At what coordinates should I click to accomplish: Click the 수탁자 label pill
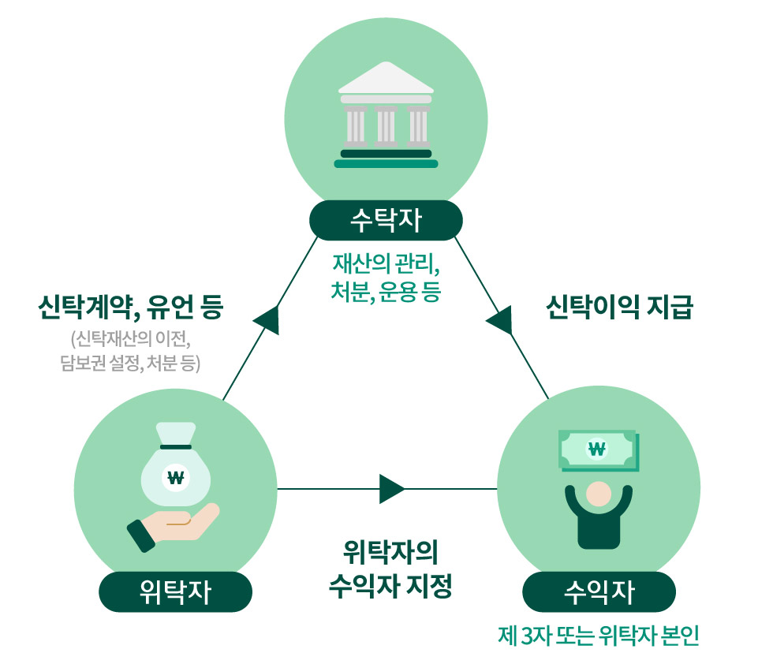(386, 221)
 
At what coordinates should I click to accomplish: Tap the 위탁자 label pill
(175, 591)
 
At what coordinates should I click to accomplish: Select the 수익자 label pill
(599, 591)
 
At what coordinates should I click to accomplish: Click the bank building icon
(386, 116)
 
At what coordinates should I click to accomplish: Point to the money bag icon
(175, 469)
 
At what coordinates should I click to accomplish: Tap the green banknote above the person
(597, 450)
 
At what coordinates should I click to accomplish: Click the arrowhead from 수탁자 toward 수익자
(500, 319)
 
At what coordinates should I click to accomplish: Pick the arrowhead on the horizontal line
(391, 489)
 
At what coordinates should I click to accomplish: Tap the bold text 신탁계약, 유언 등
(131, 308)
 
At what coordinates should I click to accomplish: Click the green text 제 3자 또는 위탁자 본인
(599, 636)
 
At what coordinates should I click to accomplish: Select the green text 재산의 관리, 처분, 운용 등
(386, 276)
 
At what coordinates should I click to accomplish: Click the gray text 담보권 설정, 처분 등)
(131, 364)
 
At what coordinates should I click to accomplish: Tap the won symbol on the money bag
(175, 476)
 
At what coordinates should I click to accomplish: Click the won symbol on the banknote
(597, 450)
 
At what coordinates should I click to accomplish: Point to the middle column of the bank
(386, 126)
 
